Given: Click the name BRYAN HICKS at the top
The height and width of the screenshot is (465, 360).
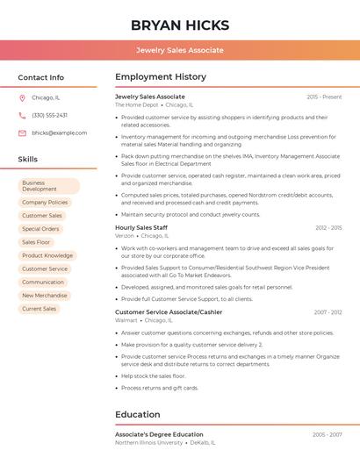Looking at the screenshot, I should tap(180, 25).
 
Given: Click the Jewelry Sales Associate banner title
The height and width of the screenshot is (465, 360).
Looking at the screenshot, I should tap(180, 50).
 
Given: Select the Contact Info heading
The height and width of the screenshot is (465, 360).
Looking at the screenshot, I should tap(41, 77).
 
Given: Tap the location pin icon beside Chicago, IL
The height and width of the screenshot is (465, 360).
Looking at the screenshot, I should tap(22, 97).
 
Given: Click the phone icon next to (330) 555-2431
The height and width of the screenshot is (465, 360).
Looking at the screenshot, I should tap(22, 115).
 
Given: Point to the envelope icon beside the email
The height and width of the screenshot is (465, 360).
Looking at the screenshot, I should tap(22, 133).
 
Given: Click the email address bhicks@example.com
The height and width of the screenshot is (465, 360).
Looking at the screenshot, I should tap(59, 133).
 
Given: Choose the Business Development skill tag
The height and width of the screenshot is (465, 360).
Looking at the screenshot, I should tap(49, 186).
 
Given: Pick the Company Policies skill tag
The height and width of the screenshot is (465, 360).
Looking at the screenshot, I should tap(45, 202).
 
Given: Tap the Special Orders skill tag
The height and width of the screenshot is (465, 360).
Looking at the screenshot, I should tap(40, 229).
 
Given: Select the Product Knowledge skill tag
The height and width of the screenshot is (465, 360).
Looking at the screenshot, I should tap(47, 255).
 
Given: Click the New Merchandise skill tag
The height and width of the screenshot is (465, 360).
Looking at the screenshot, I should tap(45, 296).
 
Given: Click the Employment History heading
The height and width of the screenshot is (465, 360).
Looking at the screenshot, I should tap(161, 77).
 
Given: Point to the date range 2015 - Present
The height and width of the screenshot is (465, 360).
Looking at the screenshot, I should tap(324, 97).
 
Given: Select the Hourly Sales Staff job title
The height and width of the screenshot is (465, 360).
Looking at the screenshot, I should tap(141, 227).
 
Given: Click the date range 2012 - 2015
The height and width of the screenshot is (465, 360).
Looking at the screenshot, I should tap(328, 227).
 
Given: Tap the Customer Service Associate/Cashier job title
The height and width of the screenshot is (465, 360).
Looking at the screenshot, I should tap(169, 311).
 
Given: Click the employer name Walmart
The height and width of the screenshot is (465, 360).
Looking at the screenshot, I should tap(126, 320).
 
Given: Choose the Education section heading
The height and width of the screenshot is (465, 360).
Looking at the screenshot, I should tap(137, 415).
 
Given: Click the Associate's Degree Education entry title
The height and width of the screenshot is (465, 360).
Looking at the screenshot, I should tap(159, 434).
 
